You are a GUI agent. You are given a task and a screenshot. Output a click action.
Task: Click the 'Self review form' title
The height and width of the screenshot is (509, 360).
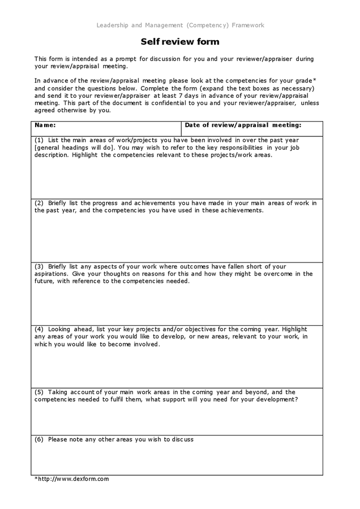pos(179,42)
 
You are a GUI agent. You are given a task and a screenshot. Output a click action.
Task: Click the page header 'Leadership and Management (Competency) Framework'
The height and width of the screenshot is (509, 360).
pos(180,25)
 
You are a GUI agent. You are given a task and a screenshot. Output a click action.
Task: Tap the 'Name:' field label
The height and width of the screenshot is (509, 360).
pos(45,126)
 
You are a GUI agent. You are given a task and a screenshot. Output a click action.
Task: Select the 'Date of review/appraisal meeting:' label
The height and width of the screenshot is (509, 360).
pos(243,126)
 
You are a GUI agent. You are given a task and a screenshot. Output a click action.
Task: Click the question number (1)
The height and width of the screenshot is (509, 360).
pos(39,140)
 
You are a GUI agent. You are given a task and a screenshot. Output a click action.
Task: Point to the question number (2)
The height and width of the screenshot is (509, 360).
pos(39,202)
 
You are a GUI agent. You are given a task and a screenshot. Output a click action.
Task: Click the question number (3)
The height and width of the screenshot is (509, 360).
pos(39,266)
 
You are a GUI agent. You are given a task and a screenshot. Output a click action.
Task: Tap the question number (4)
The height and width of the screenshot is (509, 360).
pos(39,329)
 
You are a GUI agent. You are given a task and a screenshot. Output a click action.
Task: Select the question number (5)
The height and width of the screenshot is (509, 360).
pos(39,391)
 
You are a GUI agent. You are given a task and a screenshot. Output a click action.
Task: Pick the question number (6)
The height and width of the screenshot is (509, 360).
pos(39,439)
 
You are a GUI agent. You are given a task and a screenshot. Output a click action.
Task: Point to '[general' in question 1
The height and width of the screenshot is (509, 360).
pos(47,147)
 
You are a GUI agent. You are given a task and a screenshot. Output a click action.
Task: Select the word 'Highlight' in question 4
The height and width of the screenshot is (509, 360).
pos(294,329)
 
